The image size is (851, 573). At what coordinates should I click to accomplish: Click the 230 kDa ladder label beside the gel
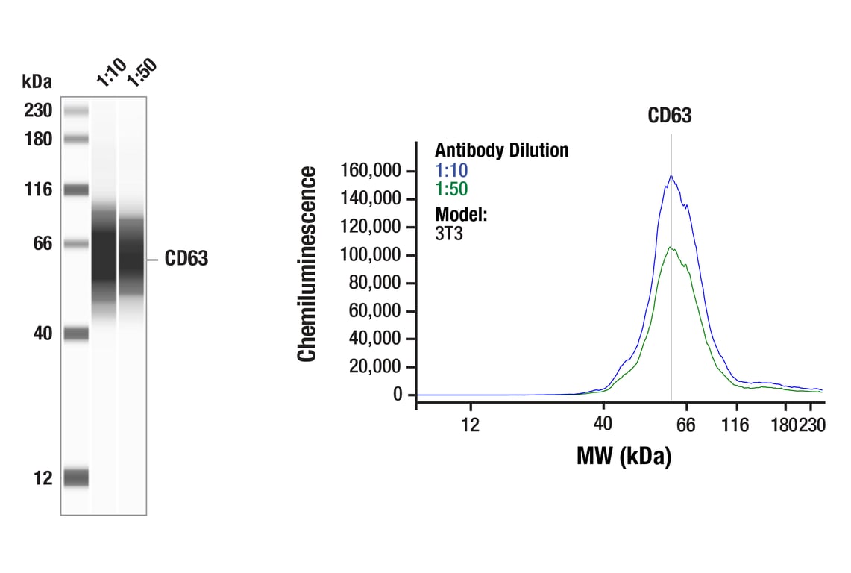click(x=37, y=111)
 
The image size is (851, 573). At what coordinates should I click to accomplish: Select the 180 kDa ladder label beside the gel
click(x=37, y=140)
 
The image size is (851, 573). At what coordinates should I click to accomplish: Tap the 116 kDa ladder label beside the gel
click(x=37, y=190)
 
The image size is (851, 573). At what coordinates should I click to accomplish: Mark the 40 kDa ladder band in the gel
click(x=75, y=334)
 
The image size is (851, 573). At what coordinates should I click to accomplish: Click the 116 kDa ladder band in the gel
click(x=75, y=190)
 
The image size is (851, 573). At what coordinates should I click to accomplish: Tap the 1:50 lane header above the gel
click(x=142, y=72)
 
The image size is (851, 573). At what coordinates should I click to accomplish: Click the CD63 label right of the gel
click(x=186, y=259)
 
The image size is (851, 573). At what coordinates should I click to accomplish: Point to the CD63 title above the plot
click(x=669, y=116)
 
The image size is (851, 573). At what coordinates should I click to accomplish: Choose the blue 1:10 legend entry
click(x=451, y=170)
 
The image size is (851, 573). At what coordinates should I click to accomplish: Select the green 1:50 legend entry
click(x=451, y=189)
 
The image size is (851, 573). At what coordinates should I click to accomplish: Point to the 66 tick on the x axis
click(x=685, y=425)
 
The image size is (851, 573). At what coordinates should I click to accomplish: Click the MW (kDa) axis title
click(x=624, y=455)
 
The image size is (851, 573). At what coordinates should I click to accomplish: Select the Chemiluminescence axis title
click(x=307, y=264)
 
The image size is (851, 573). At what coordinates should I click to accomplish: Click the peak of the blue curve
click(x=671, y=176)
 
